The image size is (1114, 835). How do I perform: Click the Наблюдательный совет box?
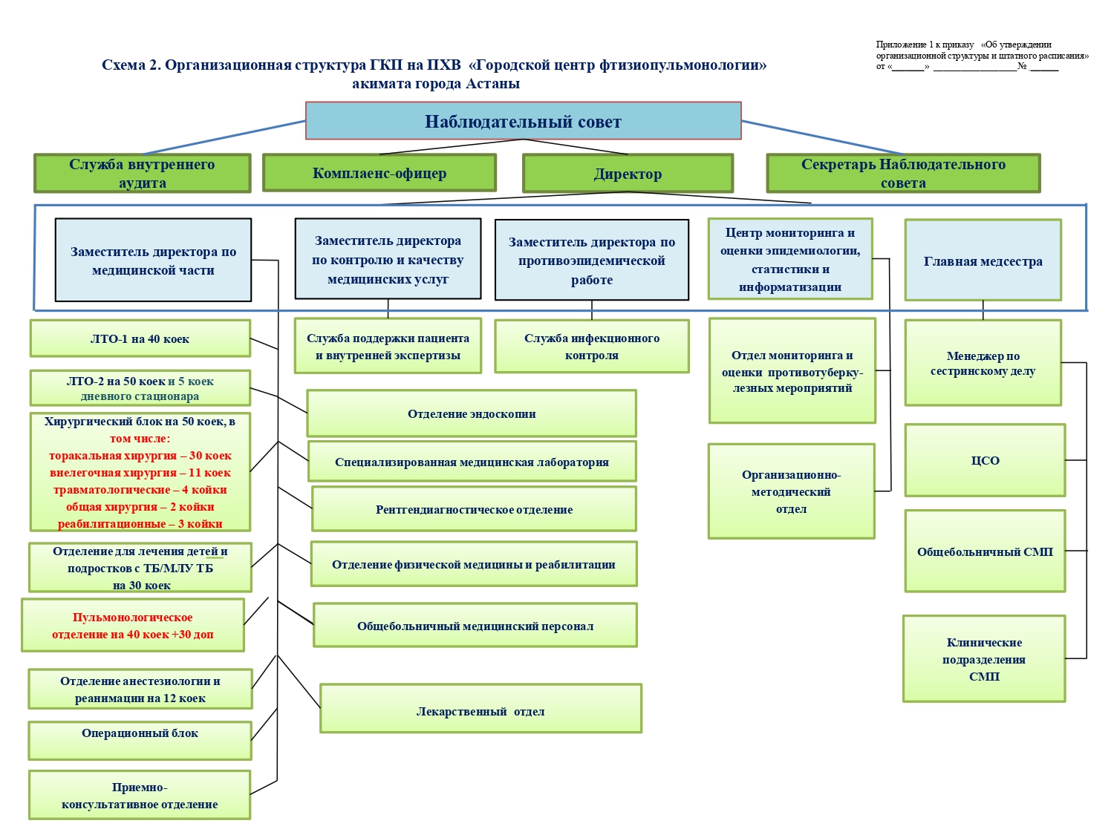[x=523, y=121]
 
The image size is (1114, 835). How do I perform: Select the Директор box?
[x=628, y=174]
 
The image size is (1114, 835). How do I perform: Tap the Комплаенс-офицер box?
[x=379, y=173]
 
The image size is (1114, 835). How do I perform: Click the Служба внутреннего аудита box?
[x=142, y=174]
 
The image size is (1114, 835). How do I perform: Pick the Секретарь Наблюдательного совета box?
[x=903, y=174]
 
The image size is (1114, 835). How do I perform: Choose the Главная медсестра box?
[x=983, y=260]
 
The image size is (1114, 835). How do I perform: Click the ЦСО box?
[x=985, y=460]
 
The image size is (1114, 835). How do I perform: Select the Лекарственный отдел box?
[x=481, y=709]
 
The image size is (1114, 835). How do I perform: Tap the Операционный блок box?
[x=140, y=741]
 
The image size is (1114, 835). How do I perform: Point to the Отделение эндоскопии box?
[x=472, y=413]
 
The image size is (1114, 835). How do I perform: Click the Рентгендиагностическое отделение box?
[x=474, y=509]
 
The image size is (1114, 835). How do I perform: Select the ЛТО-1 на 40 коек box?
[x=140, y=338]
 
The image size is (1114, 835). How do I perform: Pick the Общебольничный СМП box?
[x=985, y=551]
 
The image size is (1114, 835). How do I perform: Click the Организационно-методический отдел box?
[x=791, y=491]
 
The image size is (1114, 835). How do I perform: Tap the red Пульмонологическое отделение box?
[x=133, y=625]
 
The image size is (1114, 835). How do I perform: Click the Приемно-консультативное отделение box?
[x=140, y=795]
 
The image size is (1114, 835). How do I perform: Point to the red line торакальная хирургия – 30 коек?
[x=140, y=455]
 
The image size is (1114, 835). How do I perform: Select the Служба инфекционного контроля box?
[x=592, y=347]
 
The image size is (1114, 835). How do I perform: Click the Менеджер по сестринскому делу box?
[x=983, y=363]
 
